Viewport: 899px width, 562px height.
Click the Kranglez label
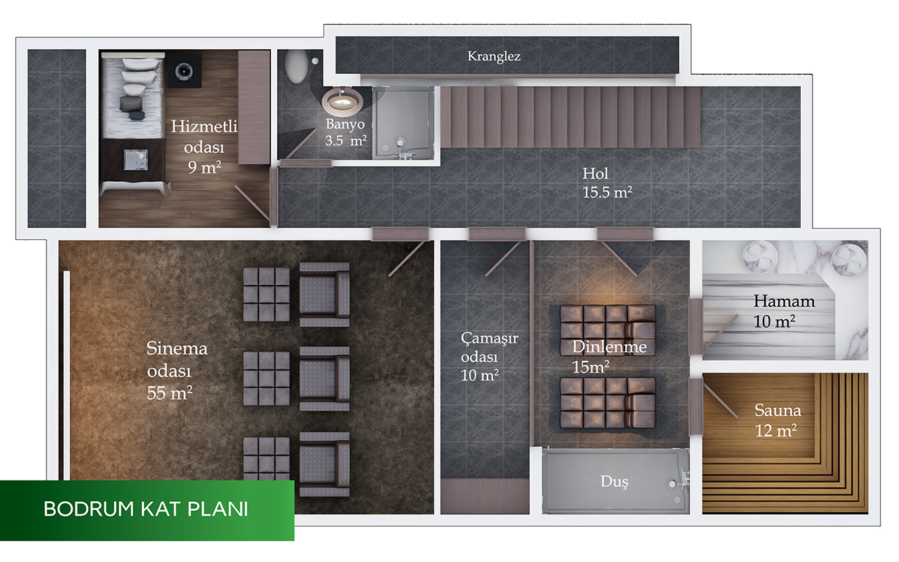click(x=494, y=56)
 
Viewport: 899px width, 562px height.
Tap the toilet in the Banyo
click(x=296, y=66)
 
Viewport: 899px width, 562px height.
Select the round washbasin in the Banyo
click(x=342, y=100)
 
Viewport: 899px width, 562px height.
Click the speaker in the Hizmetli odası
click(x=184, y=71)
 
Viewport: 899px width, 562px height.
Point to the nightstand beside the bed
click(x=136, y=160)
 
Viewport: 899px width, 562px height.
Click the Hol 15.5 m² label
click(x=607, y=183)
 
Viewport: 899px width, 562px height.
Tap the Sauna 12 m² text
click(x=777, y=420)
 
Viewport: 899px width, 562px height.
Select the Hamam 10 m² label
click(x=784, y=311)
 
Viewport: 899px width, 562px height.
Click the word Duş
click(x=614, y=481)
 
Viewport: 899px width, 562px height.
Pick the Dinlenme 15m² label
click(x=609, y=356)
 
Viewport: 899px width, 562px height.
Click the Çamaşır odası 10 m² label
click(x=489, y=357)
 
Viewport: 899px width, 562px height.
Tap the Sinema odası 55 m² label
click(x=177, y=371)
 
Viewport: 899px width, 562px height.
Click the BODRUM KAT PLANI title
click(x=146, y=509)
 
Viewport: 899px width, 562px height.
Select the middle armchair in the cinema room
click(x=324, y=379)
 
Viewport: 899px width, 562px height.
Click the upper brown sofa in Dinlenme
click(x=608, y=330)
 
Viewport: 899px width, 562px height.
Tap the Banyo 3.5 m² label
click(x=346, y=132)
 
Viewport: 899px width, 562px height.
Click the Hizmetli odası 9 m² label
click(x=204, y=147)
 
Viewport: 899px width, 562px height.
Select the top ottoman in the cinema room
click(x=266, y=294)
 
